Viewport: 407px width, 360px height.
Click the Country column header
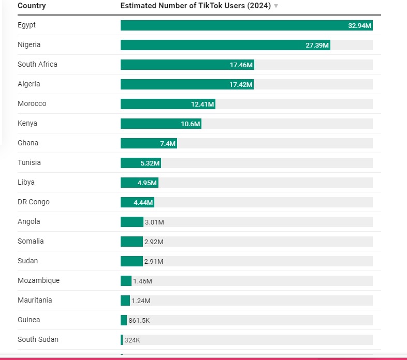coord(32,6)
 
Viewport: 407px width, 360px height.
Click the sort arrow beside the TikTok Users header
coord(276,6)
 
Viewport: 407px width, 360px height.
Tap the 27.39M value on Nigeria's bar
coord(317,45)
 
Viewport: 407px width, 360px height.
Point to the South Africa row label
coord(37,64)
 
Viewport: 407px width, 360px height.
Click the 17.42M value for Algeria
coord(241,84)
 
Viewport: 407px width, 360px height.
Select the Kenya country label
coord(27,123)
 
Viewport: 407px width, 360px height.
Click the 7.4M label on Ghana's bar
coord(168,143)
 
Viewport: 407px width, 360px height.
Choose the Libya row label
coord(26,182)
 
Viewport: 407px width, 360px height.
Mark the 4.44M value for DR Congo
coord(142,202)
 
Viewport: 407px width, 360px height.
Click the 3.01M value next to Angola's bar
coord(154,222)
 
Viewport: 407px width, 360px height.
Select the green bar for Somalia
coord(132,242)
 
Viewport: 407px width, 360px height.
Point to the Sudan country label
coord(27,261)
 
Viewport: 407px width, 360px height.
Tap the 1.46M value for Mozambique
coord(142,281)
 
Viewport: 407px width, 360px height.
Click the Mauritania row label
coord(35,300)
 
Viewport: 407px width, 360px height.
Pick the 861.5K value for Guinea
coord(139,320)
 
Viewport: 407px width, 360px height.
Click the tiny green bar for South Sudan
coord(122,340)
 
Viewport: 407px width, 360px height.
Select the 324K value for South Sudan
coord(132,340)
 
